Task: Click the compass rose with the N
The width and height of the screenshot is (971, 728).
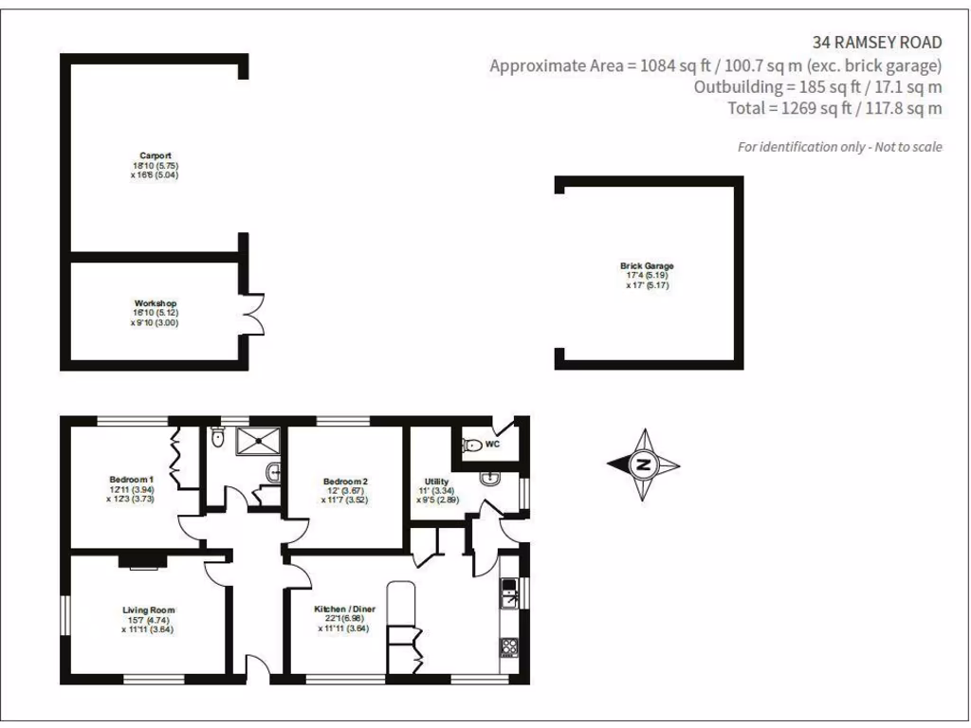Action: tap(644, 464)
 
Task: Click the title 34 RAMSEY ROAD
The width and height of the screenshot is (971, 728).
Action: tap(877, 42)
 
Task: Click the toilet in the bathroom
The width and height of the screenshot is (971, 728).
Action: tap(216, 439)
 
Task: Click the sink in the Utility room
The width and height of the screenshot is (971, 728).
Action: tap(490, 478)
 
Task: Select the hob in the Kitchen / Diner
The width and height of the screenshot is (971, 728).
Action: tap(508, 647)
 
